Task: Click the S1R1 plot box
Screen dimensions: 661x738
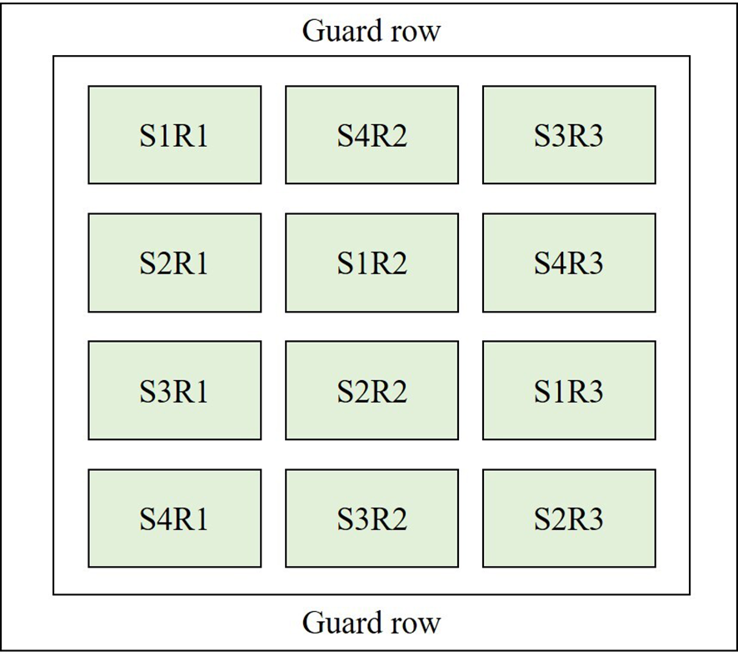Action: point(174,135)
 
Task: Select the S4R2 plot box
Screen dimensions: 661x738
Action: point(371,135)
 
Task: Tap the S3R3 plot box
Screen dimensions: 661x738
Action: point(569,135)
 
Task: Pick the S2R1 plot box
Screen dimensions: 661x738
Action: point(174,263)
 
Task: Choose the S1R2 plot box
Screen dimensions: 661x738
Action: point(371,263)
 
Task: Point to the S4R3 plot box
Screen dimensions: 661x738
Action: point(569,263)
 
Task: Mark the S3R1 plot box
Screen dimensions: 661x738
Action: point(174,390)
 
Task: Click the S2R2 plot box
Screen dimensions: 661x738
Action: point(371,390)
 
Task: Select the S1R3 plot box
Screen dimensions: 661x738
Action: point(569,390)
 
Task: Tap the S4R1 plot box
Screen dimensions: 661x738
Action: point(174,518)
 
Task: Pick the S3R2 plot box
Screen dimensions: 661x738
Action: point(371,518)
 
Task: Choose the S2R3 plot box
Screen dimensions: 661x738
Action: point(569,518)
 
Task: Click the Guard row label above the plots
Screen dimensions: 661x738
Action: point(371,32)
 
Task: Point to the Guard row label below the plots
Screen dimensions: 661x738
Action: point(371,622)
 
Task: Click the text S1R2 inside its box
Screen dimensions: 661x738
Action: point(371,263)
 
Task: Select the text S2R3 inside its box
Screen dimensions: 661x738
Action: point(569,519)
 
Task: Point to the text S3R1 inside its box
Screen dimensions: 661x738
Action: point(174,391)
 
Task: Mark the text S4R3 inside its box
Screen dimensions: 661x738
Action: point(569,263)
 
